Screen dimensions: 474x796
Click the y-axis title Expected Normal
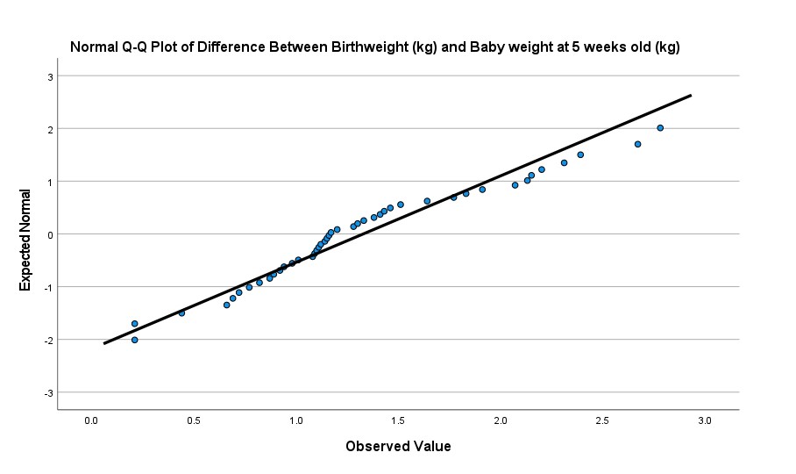tap(25, 234)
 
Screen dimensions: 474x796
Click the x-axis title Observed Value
tap(398, 447)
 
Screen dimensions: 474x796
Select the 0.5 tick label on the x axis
tap(193, 421)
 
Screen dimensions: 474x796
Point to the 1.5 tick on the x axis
tap(398, 421)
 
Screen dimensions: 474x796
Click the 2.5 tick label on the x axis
tap(602, 421)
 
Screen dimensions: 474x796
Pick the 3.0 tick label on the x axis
tap(705, 421)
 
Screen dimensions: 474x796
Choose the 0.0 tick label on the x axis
tap(90, 421)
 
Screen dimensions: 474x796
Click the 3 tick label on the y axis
tap(50, 76)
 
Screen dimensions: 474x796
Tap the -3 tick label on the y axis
tap(48, 392)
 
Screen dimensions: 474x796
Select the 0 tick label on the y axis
tap(50, 234)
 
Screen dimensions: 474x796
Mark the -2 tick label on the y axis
tap(48, 340)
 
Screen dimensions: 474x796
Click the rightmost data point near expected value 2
tap(660, 128)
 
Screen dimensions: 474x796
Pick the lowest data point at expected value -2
tap(134, 340)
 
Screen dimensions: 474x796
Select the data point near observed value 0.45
tap(181, 312)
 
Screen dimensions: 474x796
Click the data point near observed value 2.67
tap(637, 144)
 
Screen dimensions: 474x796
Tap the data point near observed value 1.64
tap(427, 201)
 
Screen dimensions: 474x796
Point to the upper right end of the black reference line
tap(691, 96)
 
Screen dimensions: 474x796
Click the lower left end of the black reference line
tap(104, 343)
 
